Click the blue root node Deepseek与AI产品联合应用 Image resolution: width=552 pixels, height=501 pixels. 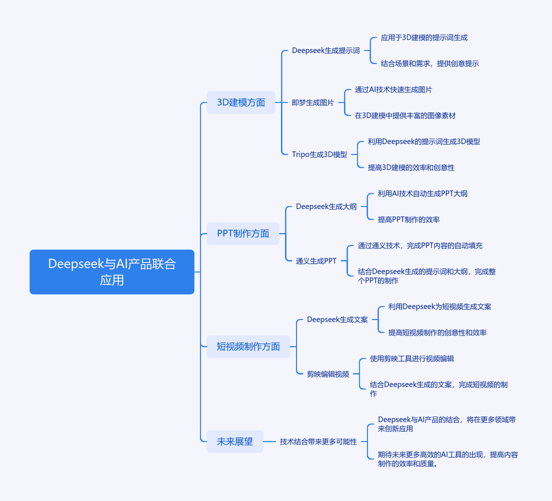click(x=112, y=272)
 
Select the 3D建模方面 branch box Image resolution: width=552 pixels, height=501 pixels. click(x=241, y=102)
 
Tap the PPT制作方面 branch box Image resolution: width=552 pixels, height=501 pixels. click(x=243, y=234)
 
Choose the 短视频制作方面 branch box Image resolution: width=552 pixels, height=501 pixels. click(x=248, y=347)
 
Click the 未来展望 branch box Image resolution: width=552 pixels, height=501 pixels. click(x=235, y=442)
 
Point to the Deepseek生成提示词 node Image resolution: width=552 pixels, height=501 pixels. click(x=326, y=51)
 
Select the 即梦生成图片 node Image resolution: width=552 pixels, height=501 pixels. click(x=313, y=102)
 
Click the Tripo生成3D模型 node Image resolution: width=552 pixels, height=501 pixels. click(x=319, y=154)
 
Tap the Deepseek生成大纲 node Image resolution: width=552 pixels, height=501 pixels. click(x=326, y=207)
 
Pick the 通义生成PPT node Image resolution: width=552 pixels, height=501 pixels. click(x=316, y=261)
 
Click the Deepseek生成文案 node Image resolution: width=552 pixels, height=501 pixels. click(x=337, y=320)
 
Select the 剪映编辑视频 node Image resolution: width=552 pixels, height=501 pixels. click(x=328, y=374)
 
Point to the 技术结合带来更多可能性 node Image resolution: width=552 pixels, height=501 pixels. click(x=318, y=442)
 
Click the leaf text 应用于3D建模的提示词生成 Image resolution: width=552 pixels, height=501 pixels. click(x=424, y=38)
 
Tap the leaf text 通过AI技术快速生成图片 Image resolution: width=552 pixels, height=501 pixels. click(x=393, y=90)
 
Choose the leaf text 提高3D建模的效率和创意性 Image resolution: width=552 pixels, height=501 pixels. click(x=411, y=168)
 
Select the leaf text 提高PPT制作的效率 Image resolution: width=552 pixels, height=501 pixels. click(x=409, y=220)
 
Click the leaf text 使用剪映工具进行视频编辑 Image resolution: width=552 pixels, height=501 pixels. click(x=412, y=359)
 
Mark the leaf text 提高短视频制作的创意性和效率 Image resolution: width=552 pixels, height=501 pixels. click(x=437, y=333)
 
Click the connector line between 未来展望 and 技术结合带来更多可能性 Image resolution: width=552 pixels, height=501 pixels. click(x=269, y=442)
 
